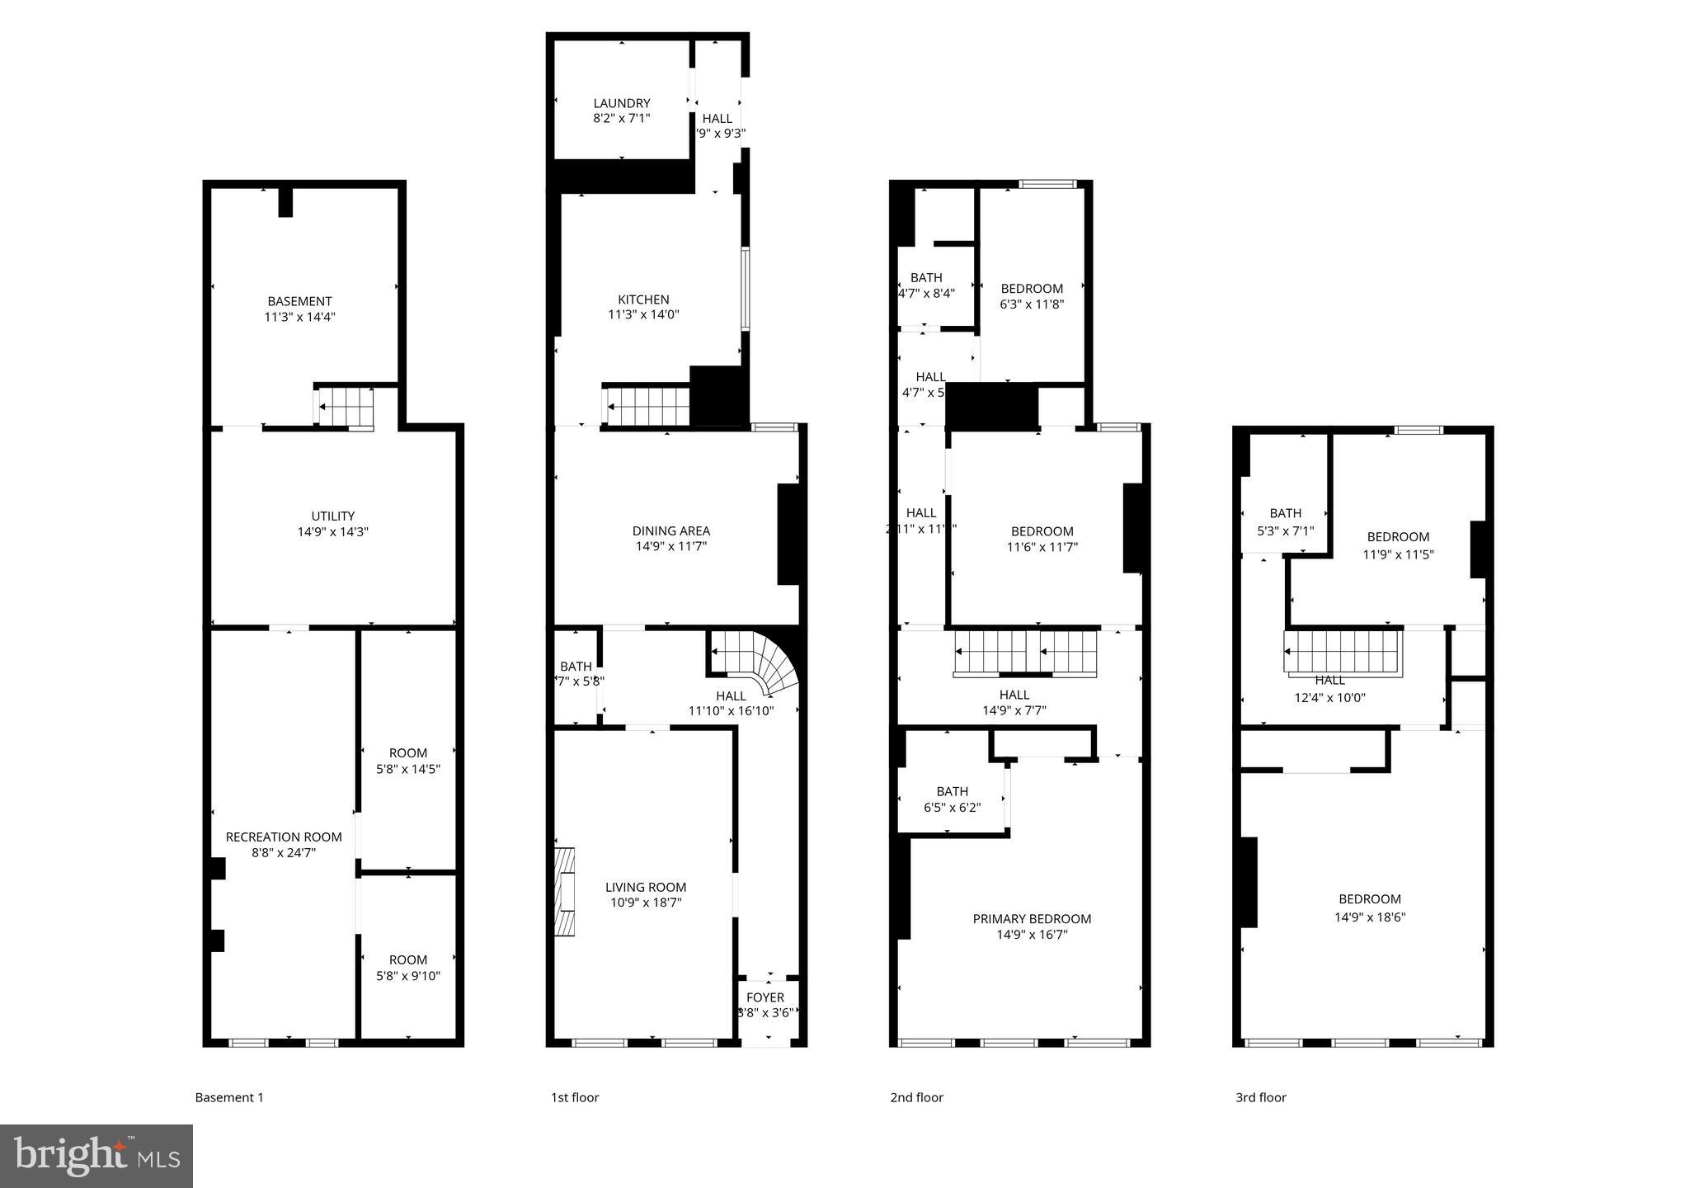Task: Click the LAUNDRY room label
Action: coord(622,103)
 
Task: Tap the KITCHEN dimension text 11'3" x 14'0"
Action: coord(643,314)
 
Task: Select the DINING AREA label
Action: coord(670,531)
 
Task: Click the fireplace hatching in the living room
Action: coord(565,891)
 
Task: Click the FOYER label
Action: coord(765,997)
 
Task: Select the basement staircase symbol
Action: coord(345,407)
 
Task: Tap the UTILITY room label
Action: coord(332,516)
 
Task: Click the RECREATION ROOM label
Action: coord(284,837)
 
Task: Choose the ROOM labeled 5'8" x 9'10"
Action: coord(407,968)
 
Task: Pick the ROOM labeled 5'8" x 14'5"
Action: coord(407,761)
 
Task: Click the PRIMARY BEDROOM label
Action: coord(1032,919)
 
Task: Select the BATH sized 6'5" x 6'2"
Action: coord(952,799)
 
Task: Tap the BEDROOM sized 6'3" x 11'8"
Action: coord(1032,296)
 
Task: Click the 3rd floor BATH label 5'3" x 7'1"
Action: coord(1285,521)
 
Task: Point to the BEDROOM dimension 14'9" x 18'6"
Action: coord(1369,917)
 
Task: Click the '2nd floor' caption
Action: coord(916,1097)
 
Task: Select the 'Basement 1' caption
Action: coord(229,1097)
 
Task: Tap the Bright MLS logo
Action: coord(96,1156)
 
